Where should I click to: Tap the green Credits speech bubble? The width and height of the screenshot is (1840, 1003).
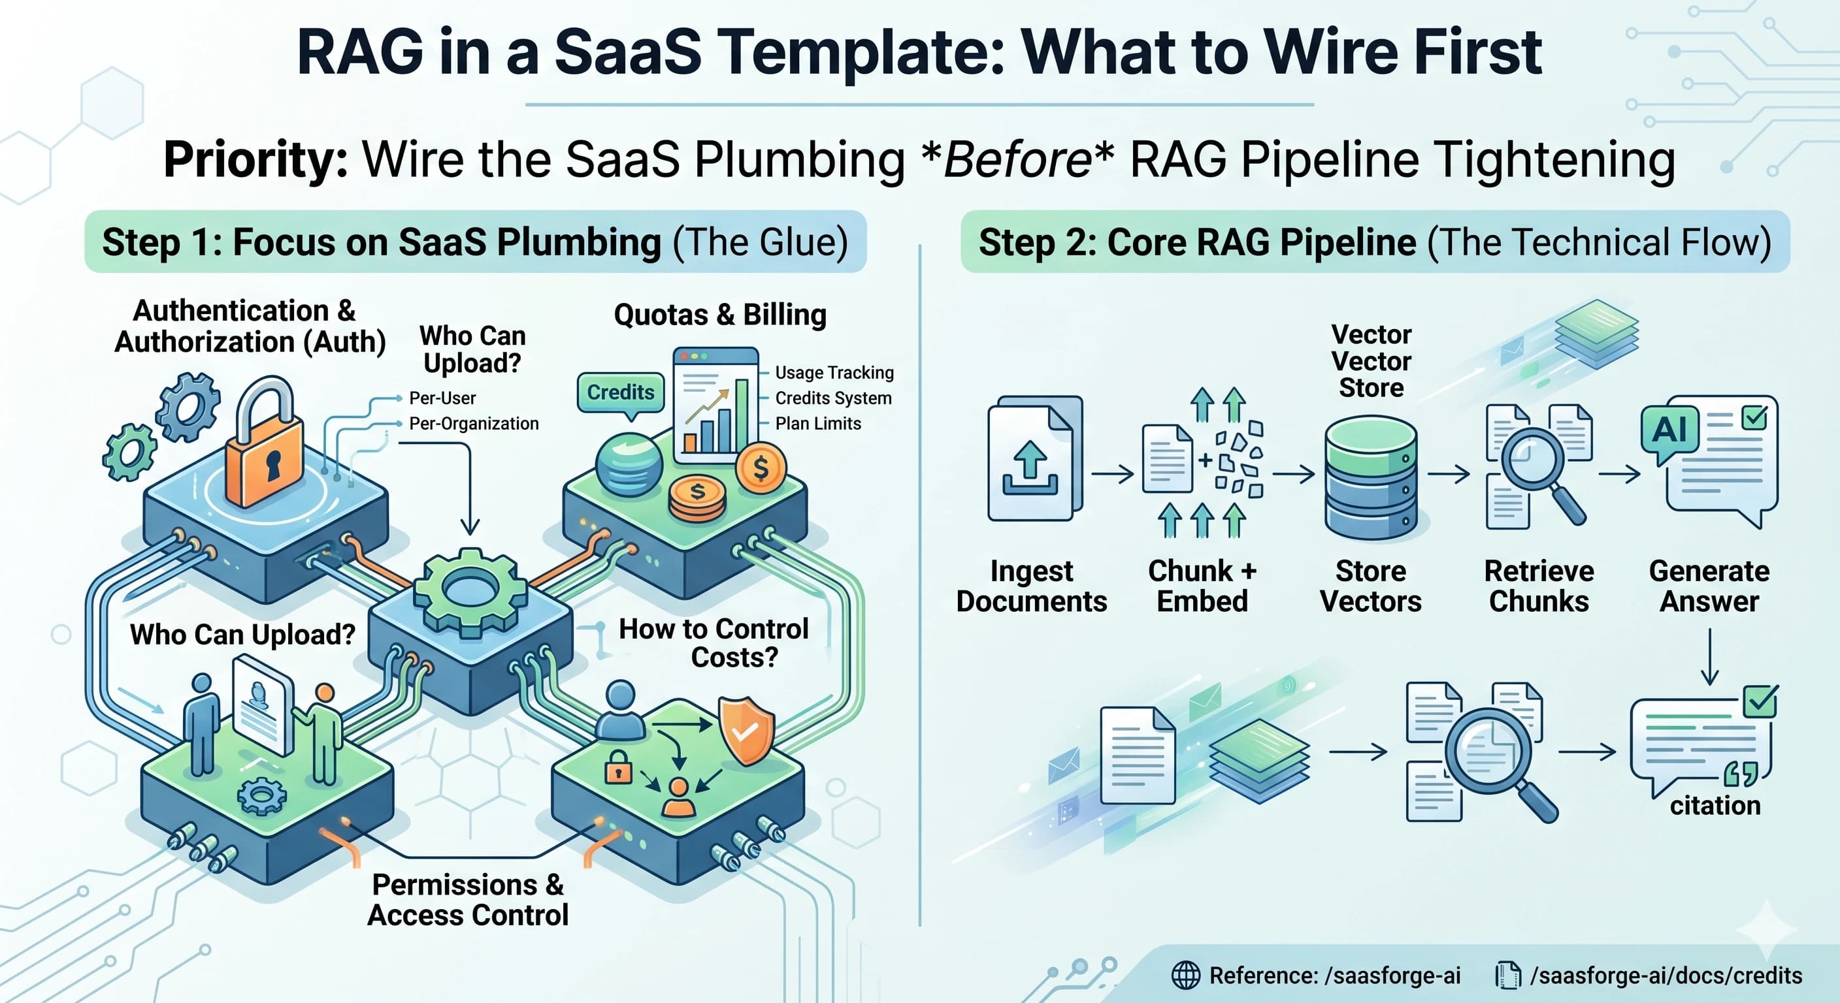(620, 392)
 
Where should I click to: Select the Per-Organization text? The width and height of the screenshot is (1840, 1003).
(474, 423)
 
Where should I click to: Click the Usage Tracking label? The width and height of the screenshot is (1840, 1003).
(834, 373)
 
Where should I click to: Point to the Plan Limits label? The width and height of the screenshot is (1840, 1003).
(818, 423)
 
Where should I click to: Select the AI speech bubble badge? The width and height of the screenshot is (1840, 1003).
(1669, 430)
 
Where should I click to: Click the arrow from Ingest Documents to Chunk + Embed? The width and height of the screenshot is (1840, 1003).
(1112, 473)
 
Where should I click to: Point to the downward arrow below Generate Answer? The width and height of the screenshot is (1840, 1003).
(1709, 657)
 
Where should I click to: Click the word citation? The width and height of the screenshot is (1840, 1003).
(1715, 806)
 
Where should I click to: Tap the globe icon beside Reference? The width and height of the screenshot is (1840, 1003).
(1186, 975)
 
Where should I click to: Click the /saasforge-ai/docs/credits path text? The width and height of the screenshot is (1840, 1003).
(1666, 975)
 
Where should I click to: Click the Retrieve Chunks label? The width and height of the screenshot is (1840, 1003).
(1539, 585)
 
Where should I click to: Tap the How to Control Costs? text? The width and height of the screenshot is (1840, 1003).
(714, 643)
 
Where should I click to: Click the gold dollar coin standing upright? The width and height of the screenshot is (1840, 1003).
(760, 469)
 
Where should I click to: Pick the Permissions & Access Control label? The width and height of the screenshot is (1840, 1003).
(468, 899)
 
